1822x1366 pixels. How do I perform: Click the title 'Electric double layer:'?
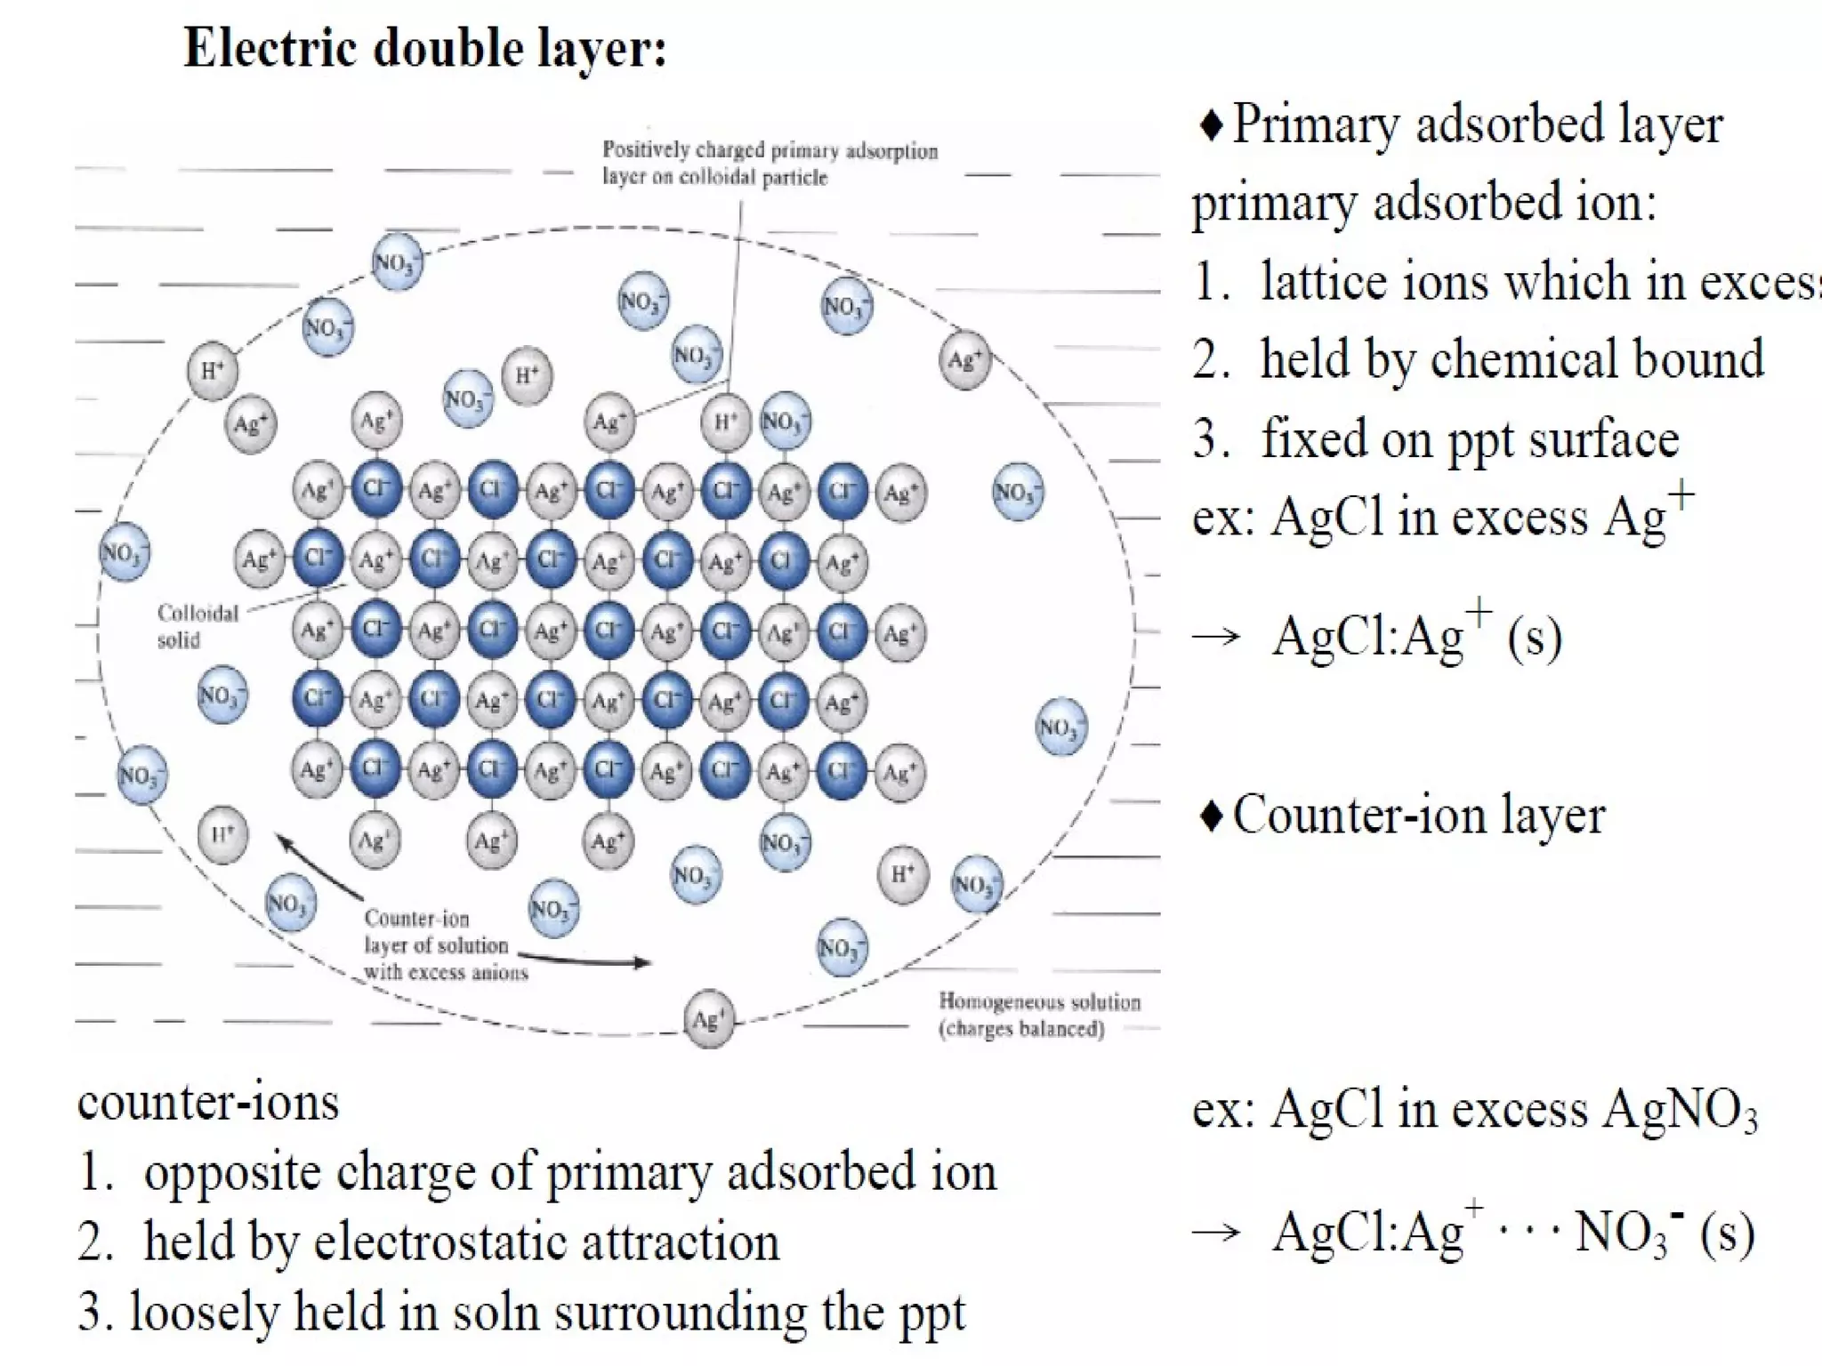click(424, 48)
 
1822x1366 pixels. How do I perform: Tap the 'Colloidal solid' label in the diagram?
click(198, 626)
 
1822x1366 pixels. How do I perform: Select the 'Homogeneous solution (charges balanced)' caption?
click(1038, 1015)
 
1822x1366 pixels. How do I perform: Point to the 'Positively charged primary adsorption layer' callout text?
click(770, 164)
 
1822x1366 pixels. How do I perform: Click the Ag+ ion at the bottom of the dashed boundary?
click(709, 1020)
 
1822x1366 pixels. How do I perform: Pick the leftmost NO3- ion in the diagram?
click(124, 552)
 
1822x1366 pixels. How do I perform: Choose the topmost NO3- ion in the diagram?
click(396, 262)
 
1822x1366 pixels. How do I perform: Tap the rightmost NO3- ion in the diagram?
click(1061, 728)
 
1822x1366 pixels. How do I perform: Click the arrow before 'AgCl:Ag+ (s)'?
click(1216, 636)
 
